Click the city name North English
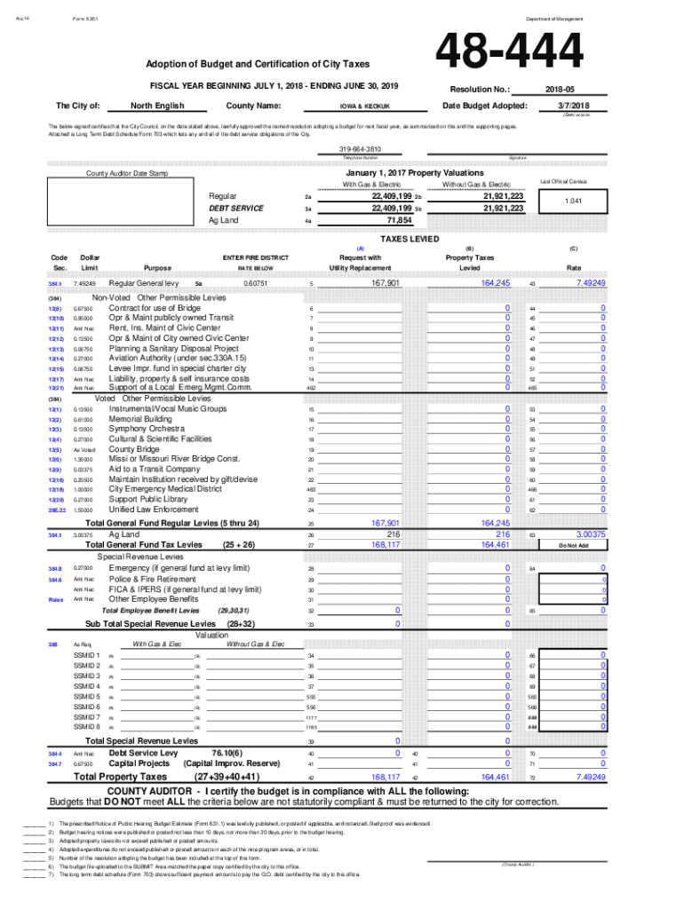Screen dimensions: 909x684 [158, 106]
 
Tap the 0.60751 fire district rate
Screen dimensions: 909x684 [256, 283]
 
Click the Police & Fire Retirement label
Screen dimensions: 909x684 [153, 579]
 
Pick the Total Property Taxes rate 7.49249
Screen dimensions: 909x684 [591, 777]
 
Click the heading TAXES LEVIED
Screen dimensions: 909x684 [409, 239]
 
